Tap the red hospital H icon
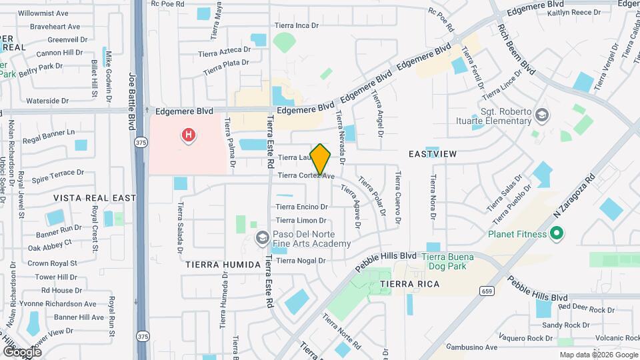(189, 136)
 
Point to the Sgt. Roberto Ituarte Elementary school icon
(541, 115)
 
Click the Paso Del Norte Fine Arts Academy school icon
(262, 237)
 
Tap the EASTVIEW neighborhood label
(433, 154)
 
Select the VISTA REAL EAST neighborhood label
(95, 198)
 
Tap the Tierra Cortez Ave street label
(305, 176)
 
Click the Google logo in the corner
(22, 351)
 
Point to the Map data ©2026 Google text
(598, 355)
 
